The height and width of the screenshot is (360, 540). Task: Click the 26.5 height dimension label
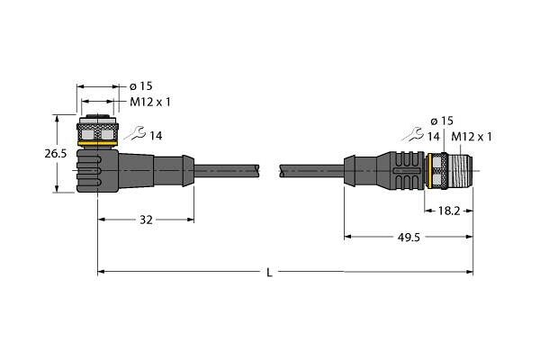point(56,154)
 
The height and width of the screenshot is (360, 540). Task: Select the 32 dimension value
point(146,220)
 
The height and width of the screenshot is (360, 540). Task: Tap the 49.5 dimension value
point(409,237)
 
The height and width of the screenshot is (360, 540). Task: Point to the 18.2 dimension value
point(449,211)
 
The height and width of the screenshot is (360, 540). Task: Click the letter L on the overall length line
point(269,273)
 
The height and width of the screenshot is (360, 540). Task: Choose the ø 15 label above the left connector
point(141,86)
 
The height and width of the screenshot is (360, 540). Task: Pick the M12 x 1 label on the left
point(150,102)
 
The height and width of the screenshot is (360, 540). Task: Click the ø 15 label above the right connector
point(442,121)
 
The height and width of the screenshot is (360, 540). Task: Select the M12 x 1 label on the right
point(472,137)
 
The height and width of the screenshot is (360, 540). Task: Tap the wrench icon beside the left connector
point(135,133)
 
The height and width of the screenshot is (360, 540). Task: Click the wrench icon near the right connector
point(413,134)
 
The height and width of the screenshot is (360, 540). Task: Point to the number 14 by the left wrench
point(156,136)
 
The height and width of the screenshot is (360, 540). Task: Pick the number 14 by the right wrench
point(434,137)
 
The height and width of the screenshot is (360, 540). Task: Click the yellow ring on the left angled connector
point(98,143)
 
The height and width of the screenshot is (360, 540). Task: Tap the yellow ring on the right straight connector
point(429,171)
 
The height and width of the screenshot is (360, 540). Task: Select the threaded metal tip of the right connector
point(461,171)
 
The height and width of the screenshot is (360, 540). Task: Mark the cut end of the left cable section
point(257,171)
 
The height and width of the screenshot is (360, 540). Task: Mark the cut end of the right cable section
point(282,171)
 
